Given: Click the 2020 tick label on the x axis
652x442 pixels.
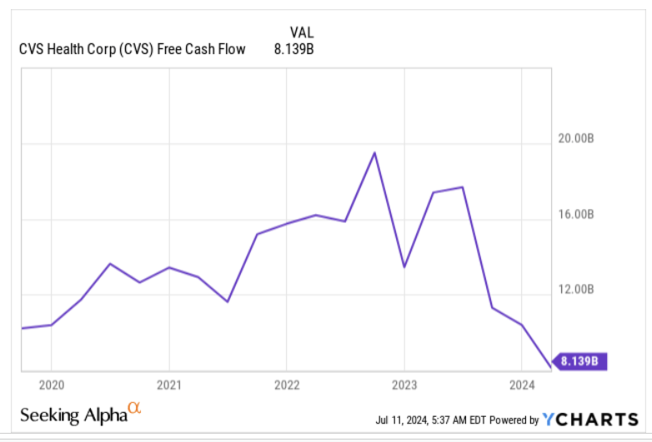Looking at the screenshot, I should click(51, 385).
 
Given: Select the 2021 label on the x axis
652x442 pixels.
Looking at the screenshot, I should click(168, 385).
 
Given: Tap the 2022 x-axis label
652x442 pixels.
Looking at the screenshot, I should click(286, 385).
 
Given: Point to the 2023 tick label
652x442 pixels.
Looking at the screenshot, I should click(404, 385).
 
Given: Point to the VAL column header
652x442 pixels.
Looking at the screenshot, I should click(301, 32).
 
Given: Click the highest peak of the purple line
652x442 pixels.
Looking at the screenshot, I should click(374, 152).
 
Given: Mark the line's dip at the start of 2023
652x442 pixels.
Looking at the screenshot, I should click(404, 267).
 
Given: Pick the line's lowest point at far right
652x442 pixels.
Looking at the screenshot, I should click(549, 366).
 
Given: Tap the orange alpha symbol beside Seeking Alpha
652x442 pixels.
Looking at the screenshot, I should click(133, 409).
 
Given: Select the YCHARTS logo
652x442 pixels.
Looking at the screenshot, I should click(590, 419).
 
